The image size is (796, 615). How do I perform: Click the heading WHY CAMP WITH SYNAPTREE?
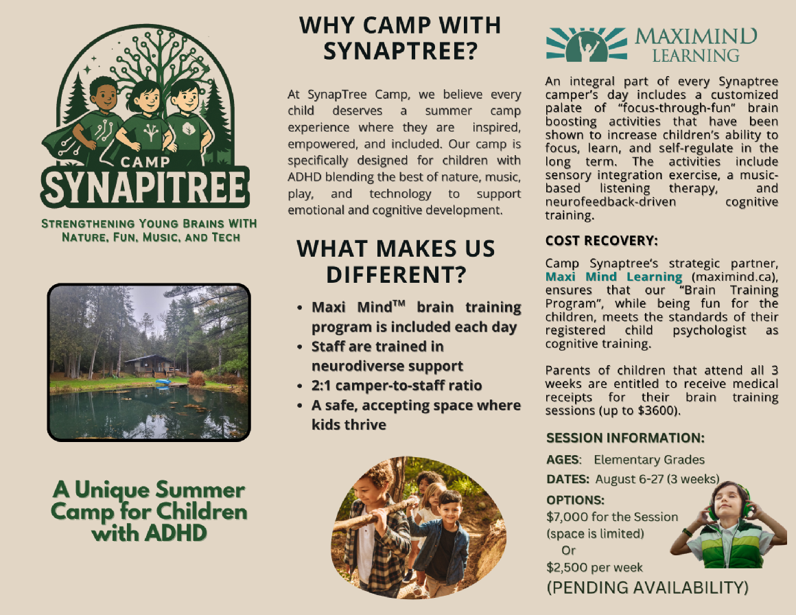click(400, 38)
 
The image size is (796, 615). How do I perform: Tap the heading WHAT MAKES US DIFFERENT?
click(396, 262)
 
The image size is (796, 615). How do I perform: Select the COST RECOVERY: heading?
click(602, 241)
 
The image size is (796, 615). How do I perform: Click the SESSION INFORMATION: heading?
click(625, 438)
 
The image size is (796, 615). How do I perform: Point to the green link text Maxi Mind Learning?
click(613, 277)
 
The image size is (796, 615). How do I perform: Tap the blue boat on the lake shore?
click(163, 382)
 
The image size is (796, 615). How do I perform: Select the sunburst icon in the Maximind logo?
click(586, 44)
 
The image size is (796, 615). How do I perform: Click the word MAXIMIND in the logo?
click(696, 36)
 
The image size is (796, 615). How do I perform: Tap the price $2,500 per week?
click(594, 567)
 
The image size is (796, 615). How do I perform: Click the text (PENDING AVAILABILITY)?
click(647, 588)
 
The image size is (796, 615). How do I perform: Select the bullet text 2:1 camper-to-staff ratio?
click(397, 386)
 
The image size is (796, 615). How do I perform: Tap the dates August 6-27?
click(630, 479)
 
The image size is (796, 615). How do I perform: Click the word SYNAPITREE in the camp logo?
click(145, 187)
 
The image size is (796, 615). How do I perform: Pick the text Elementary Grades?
click(649, 460)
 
